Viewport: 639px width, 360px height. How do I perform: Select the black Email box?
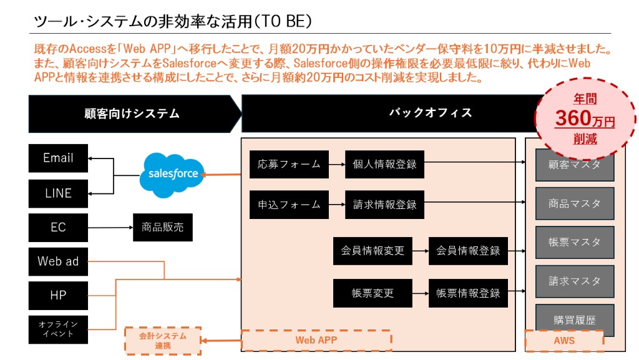(x=58, y=158)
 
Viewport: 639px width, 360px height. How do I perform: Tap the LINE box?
(x=58, y=193)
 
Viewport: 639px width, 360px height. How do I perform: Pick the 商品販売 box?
(x=162, y=228)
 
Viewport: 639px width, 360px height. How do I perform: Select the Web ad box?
(x=58, y=261)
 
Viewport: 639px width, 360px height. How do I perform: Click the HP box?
(x=58, y=295)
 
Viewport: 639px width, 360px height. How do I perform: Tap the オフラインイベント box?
(x=58, y=329)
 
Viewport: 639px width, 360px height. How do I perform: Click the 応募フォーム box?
(x=289, y=165)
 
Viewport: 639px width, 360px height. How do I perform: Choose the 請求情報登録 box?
(x=384, y=205)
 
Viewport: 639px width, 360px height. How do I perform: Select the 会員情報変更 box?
(x=373, y=251)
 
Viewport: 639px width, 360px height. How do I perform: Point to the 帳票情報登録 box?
(x=468, y=293)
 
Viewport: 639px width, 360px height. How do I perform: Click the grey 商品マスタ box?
(x=575, y=203)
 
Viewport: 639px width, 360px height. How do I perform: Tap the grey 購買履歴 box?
(x=575, y=320)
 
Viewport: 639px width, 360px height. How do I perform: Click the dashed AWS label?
(x=564, y=341)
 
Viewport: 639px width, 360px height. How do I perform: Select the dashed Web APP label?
(x=316, y=341)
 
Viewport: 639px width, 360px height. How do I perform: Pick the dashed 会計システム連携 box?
(x=163, y=341)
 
